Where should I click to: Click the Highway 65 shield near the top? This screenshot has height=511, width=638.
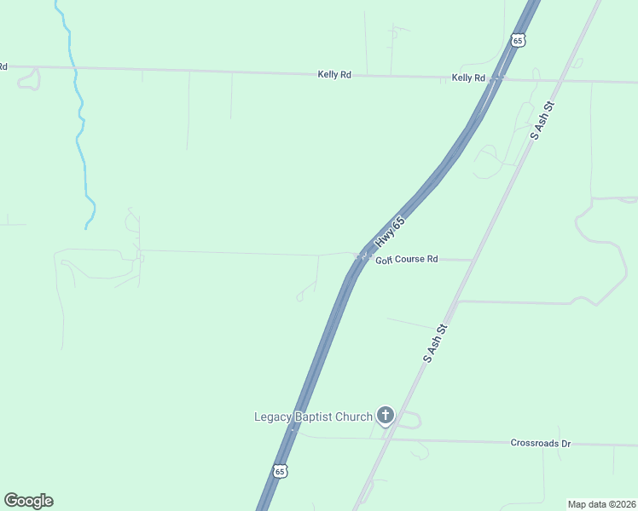[518, 40]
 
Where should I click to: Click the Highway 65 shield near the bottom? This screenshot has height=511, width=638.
[280, 470]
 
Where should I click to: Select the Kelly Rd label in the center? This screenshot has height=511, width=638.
[334, 75]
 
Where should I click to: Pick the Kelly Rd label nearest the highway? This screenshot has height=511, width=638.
[468, 78]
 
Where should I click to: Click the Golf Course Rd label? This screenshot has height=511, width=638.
[407, 259]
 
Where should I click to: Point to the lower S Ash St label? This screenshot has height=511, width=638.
[436, 343]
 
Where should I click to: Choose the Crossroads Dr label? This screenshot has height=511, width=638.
[540, 443]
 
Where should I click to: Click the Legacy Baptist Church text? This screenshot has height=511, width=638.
[313, 416]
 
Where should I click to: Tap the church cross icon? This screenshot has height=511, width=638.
[386, 416]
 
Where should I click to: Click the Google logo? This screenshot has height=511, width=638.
[28, 501]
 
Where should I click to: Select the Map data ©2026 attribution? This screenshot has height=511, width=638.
[602, 504]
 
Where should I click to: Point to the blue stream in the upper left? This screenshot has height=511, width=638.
[81, 128]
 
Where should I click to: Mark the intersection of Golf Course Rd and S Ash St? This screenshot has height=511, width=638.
[473, 260]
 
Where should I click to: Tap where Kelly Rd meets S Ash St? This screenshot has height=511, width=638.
[560, 82]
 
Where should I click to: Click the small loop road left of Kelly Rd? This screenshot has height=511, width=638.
[28, 79]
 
